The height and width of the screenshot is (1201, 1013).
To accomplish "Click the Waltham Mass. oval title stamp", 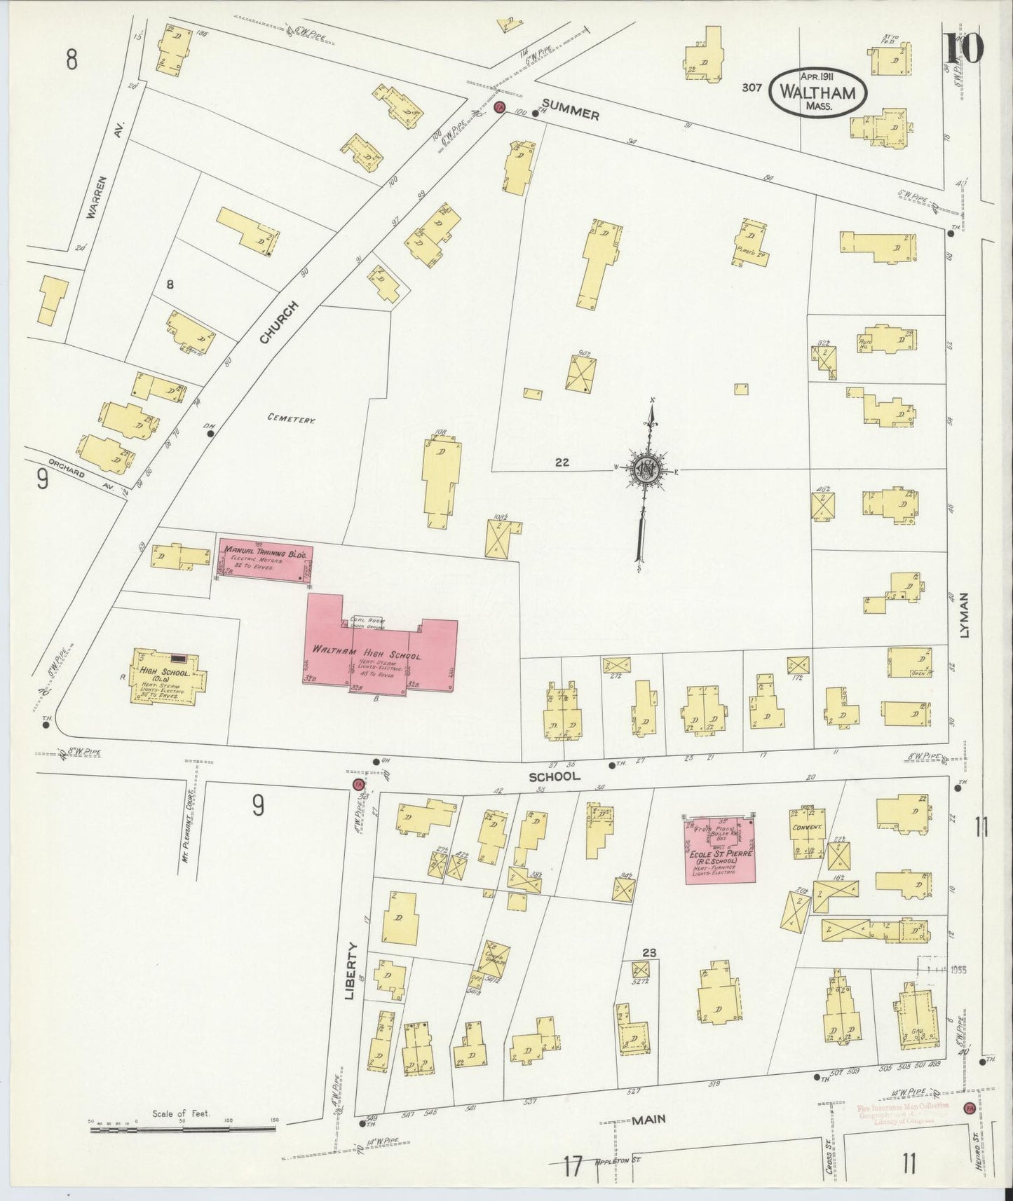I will tap(817, 92).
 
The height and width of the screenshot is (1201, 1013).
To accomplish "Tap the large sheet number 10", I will tap(964, 48).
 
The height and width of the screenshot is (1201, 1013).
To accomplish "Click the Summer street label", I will tap(571, 110).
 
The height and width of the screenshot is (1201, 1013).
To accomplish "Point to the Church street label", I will tap(279, 323).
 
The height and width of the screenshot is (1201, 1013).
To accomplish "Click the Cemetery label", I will tap(292, 419).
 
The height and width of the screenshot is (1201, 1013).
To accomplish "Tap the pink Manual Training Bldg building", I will tap(264, 559).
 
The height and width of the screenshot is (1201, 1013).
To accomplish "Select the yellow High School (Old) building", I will tap(168, 675).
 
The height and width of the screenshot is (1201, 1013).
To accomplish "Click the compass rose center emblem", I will tap(643, 471).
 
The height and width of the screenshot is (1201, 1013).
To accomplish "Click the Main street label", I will tap(648, 1120).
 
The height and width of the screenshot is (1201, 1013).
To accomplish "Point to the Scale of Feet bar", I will tap(183, 1130).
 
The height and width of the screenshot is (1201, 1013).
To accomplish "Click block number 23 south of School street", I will tap(648, 952).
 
